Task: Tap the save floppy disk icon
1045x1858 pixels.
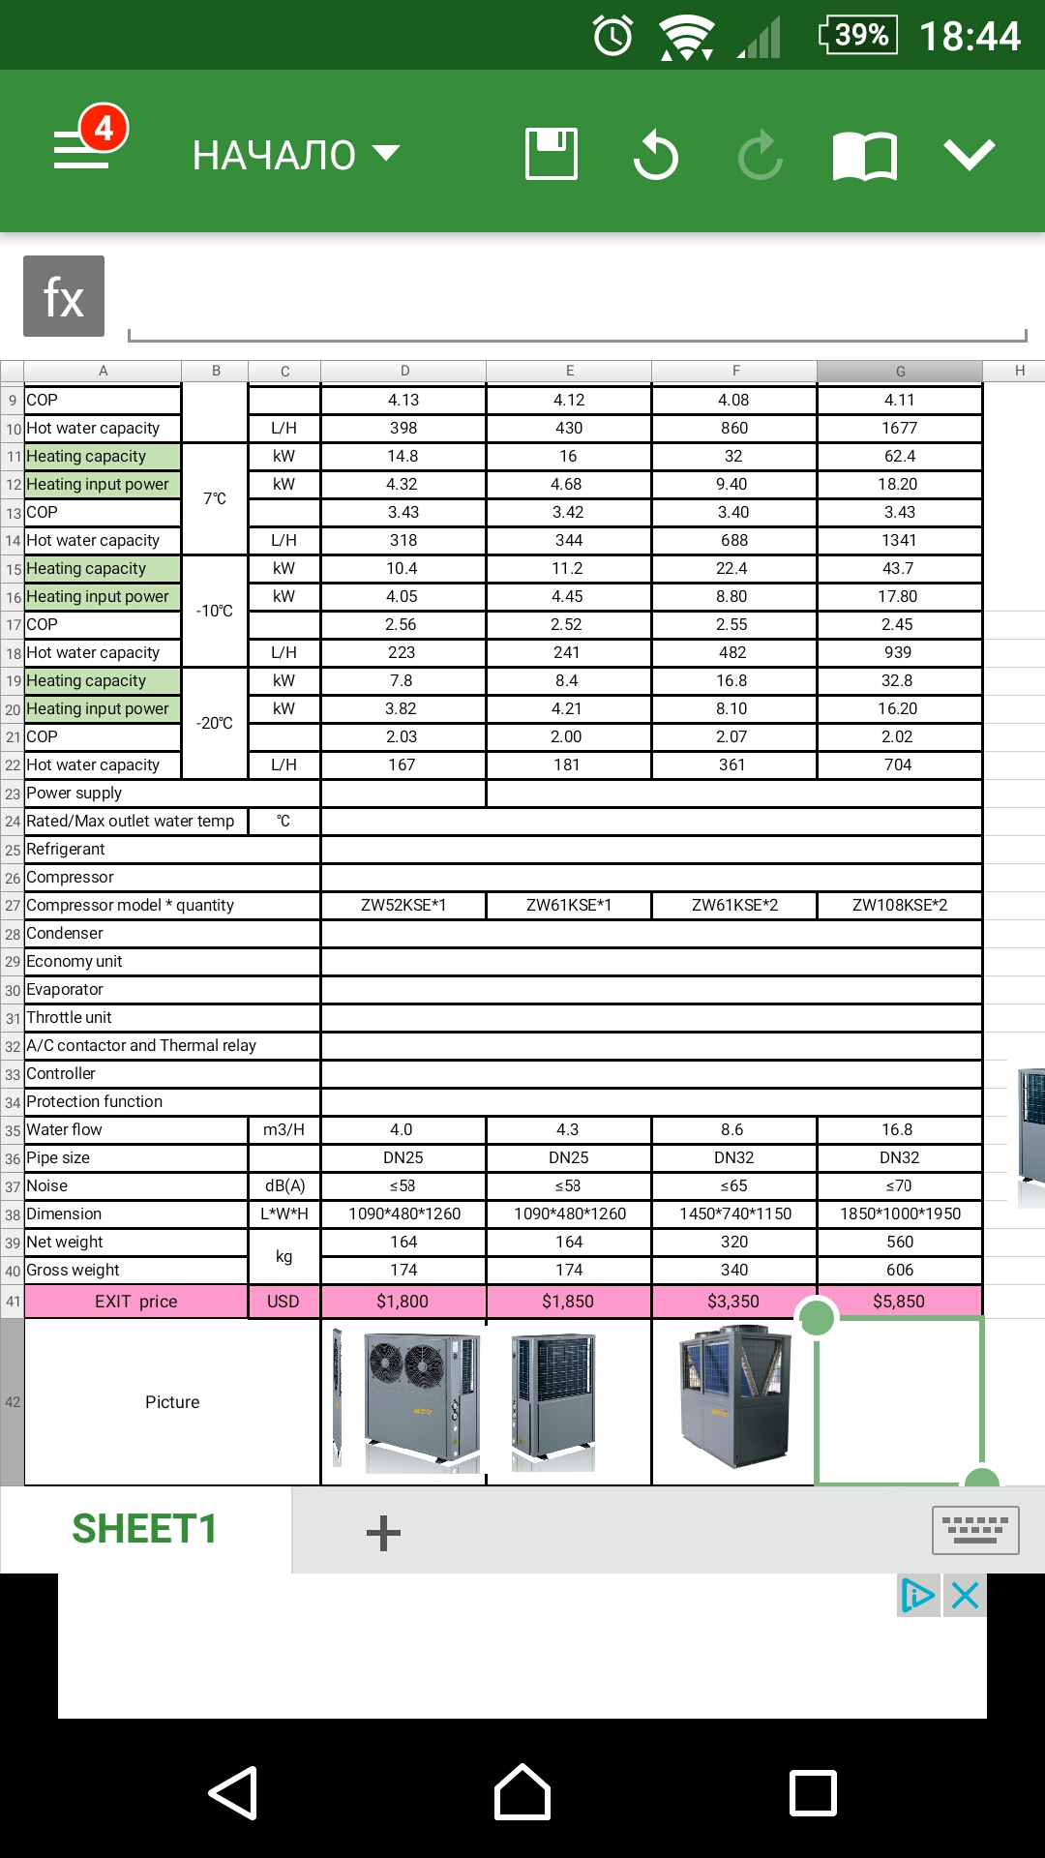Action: pyautogui.click(x=552, y=154)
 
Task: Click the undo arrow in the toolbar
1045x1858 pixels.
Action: pyautogui.click(x=656, y=155)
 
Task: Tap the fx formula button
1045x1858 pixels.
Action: pyautogui.click(x=64, y=296)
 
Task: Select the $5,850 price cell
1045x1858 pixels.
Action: pyautogui.click(x=899, y=1302)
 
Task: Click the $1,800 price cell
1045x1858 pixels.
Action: pyautogui.click(x=403, y=1302)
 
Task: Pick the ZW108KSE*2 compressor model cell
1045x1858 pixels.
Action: pyautogui.click(x=900, y=905)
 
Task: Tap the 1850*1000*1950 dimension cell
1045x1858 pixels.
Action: pyautogui.click(x=900, y=1214)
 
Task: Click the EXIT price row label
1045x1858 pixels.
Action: pyautogui.click(x=135, y=1302)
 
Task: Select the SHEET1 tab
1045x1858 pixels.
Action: pyautogui.click(x=145, y=1529)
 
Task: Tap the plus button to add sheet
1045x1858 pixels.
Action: pyautogui.click(x=383, y=1533)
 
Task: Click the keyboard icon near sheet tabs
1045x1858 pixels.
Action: pyautogui.click(x=974, y=1530)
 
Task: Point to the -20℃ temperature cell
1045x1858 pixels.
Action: pyautogui.click(x=215, y=723)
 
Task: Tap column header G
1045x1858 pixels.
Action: pyautogui.click(x=900, y=371)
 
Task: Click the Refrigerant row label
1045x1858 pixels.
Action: pyautogui.click(x=66, y=849)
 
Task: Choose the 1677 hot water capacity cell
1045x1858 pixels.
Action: pyautogui.click(x=899, y=428)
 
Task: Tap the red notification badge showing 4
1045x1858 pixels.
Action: pyautogui.click(x=104, y=128)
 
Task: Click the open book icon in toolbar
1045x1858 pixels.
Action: pyautogui.click(x=864, y=156)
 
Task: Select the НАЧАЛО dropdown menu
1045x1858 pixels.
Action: pyautogui.click(x=295, y=155)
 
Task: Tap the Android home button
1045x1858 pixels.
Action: pyautogui.click(x=522, y=1792)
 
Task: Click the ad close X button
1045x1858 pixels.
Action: pyautogui.click(x=965, y=1595)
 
